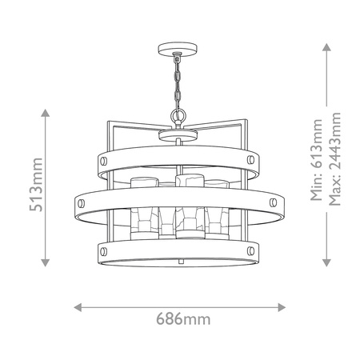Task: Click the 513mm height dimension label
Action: (36, 185)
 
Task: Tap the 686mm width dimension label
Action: (183, 319)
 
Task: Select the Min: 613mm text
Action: (317, 160)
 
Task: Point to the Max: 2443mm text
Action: (334, 159)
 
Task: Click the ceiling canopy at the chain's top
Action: (178, 50)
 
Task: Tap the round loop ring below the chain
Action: (178, 115)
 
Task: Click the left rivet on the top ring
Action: (103, 161)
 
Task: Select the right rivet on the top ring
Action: (250, 160)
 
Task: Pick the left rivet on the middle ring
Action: (81, 203)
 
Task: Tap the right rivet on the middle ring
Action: (273, 202)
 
